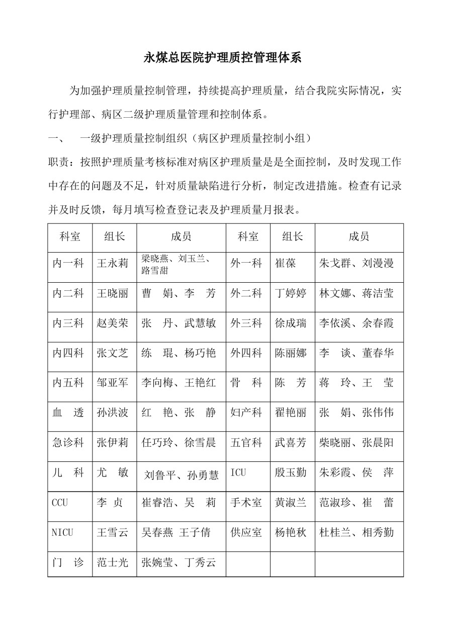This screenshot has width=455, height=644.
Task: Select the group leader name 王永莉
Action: click(x=113, y=263)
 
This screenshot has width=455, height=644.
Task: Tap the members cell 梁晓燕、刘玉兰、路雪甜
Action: click(x=176, y=265)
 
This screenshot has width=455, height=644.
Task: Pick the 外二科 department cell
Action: click(x=246, y=293)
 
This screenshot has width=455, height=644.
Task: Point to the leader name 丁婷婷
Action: click(x=291, y=293)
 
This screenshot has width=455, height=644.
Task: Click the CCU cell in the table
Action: click(x=60, y=503)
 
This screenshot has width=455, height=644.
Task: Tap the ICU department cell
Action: click(x=238, y=473)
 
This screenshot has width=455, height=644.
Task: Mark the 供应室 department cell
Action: click(x=246, y=532)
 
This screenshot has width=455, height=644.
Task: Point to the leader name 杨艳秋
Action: click(x=291, y=532)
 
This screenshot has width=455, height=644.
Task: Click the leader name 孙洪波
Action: click(x=113, y=413)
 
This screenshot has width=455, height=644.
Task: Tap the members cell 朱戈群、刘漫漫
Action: click(x=356, y=263)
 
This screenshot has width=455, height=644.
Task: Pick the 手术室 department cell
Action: click(x=246, y=503)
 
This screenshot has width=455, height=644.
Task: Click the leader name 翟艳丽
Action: click(x=291, y=413)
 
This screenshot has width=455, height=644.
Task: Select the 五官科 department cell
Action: click(x=246, y=443)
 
